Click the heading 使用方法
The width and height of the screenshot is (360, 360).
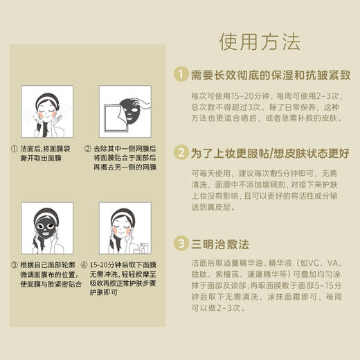[260, 42]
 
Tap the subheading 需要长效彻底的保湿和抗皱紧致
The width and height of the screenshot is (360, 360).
[266, 74]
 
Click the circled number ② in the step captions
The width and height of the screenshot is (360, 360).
[87, 148]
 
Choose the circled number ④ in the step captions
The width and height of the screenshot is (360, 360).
[87, 265]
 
